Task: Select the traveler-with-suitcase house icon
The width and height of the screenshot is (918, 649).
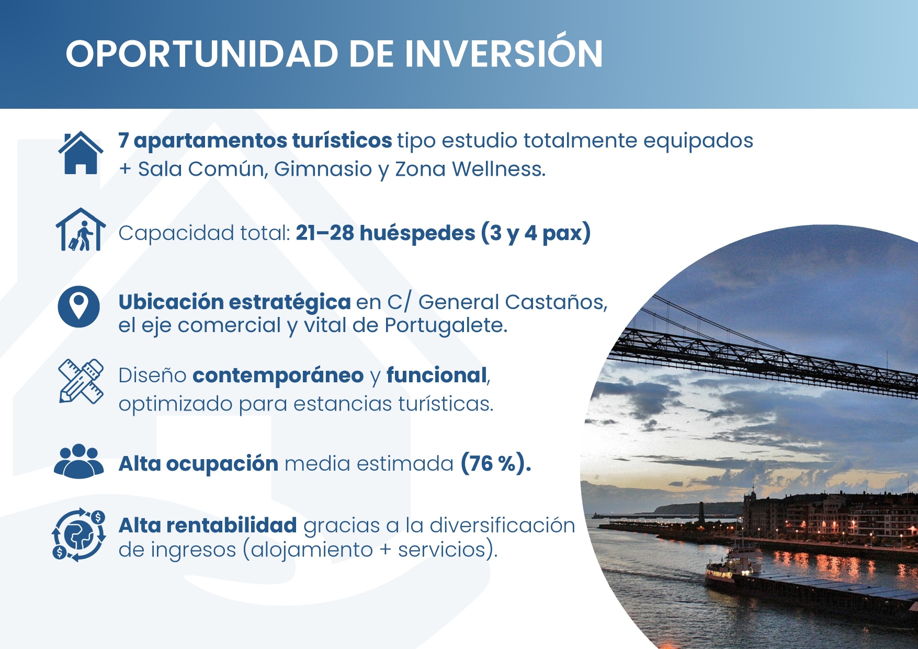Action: pos(81,230)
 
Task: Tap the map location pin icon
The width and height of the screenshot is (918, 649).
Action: pos(78,306)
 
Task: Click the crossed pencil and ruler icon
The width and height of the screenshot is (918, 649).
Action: pos(81,381)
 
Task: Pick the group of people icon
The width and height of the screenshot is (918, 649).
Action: pos(78,461)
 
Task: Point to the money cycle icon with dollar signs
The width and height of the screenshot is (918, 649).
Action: pos(78,535)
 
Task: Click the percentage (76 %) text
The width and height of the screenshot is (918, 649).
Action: pos(495,463)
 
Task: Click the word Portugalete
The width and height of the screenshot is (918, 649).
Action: pos(446,326)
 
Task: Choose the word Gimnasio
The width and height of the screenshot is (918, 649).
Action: pos(323,169)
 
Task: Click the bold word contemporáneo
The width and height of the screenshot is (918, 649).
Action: pos(278,375)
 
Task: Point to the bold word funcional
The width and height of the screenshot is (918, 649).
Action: pos(437,375)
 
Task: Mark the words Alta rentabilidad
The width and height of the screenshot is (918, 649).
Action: pos(208,526)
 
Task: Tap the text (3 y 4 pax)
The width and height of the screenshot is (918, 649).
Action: pos(536,233)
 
